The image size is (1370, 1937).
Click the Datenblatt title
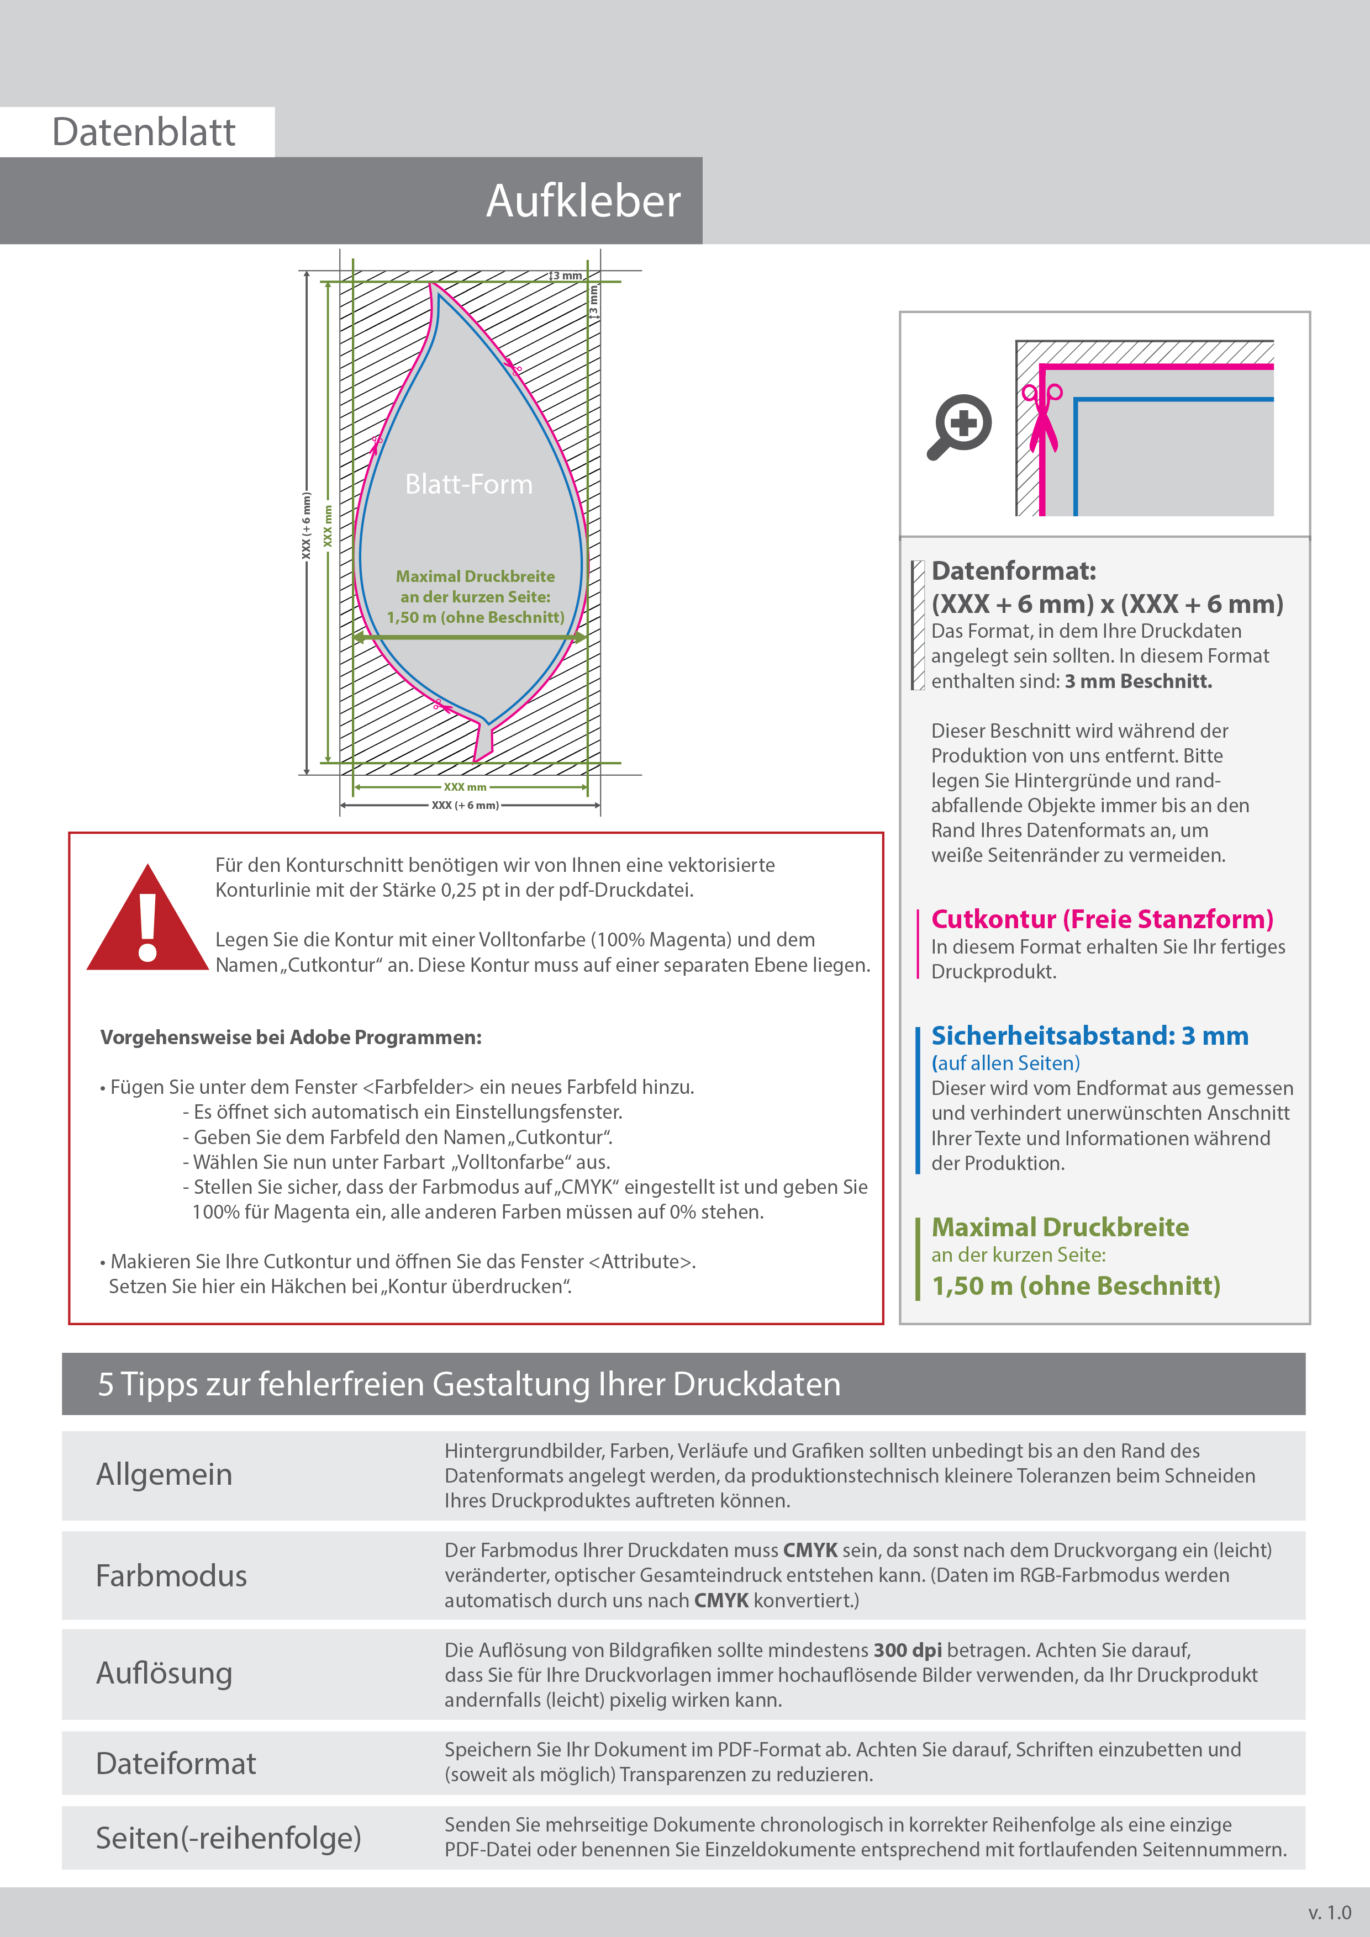144,133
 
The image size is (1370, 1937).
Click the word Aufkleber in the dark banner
582,202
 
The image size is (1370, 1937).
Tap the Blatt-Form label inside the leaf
468,484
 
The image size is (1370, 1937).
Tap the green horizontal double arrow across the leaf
470,638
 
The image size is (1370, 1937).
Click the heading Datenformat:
1014,571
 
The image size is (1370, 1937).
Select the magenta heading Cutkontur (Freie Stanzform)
1102,919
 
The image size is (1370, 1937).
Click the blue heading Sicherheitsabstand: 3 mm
1089,1035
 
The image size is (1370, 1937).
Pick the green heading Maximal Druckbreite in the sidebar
1060,1227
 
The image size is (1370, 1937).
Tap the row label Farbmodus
171,1576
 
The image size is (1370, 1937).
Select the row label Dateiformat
176,1763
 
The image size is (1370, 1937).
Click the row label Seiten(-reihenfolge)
228,1838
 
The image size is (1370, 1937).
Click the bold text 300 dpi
908,1650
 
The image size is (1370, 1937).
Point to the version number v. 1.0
1330,1913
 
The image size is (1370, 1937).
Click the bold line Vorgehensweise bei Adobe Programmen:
291,1038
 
